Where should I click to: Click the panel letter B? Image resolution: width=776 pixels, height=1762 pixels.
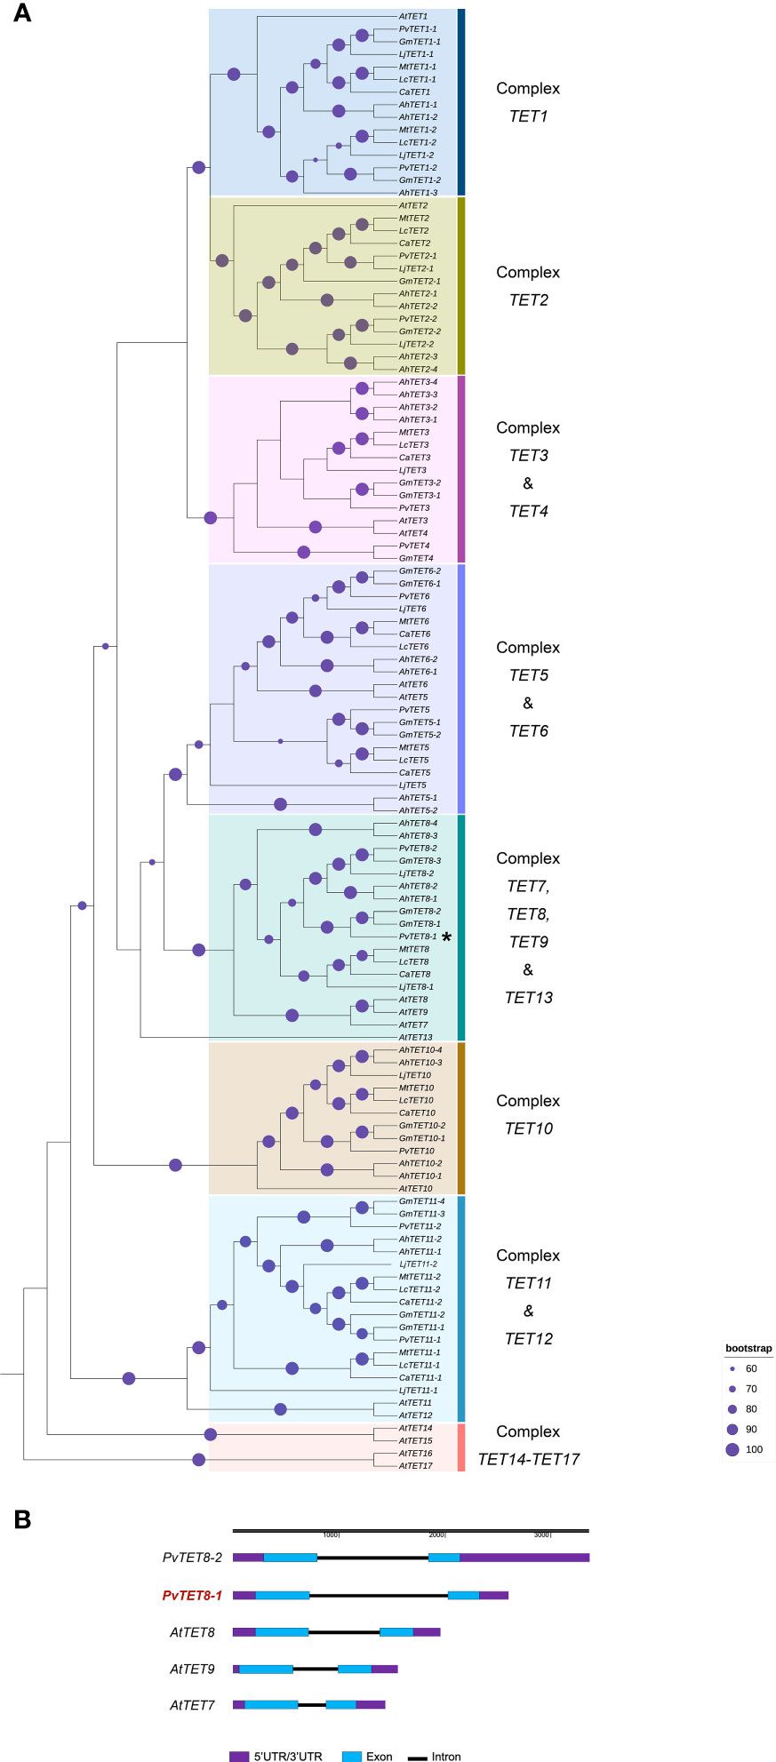22,1519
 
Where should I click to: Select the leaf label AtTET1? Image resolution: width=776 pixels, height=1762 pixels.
413,16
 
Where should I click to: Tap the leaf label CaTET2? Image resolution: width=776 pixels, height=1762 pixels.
414,243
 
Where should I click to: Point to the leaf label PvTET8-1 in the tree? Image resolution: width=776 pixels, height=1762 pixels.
418,937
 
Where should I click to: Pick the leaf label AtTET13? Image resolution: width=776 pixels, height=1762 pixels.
415,1037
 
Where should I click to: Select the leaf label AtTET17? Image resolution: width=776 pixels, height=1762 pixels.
415,1465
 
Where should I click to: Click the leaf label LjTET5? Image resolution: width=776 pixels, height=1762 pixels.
412,785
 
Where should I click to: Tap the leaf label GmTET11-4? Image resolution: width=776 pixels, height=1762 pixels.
421,1201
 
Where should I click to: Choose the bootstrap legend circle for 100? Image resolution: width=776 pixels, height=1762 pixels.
732,1449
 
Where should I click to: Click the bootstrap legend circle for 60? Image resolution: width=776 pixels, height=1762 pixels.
732,1368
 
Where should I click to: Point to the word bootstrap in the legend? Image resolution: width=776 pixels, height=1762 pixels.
748,1348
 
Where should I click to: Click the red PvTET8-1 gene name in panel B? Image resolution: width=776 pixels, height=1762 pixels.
192,1596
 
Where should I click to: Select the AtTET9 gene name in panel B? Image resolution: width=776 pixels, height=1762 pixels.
192,1669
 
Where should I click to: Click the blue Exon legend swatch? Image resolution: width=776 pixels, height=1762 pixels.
353,1756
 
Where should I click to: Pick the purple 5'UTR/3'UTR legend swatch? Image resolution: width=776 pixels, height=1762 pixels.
239,1756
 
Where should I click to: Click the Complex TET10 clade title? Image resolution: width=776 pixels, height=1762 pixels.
528,1114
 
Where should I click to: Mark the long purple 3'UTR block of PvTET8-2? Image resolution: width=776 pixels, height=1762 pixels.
524,1557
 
